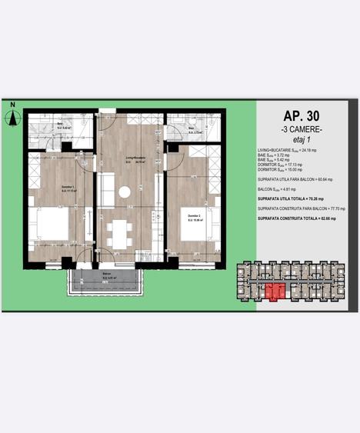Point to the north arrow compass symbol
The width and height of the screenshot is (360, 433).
tap(12, 117)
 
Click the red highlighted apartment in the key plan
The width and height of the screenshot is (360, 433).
tap(275, 291)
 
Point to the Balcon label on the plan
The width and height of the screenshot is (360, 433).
tap(106, 275)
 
